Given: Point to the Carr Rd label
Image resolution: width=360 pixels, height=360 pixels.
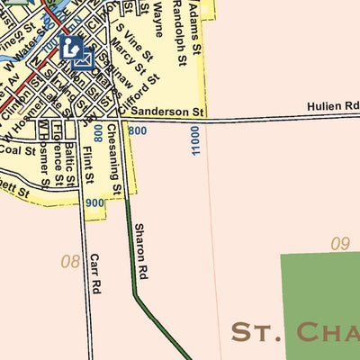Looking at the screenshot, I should click(94, 274).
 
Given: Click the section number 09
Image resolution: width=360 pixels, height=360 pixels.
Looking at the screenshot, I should click(339, 243).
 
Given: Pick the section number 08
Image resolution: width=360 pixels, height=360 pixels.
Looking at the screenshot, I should click(70, 262).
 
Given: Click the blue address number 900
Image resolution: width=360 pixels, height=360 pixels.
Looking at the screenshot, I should click(94, 203).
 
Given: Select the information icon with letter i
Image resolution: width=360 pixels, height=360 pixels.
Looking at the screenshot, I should click(72, 47).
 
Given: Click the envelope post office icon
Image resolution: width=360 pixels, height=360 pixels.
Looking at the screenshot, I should click(84, 60).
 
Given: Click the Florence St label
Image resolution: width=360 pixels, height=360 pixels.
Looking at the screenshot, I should click(57, 162).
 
